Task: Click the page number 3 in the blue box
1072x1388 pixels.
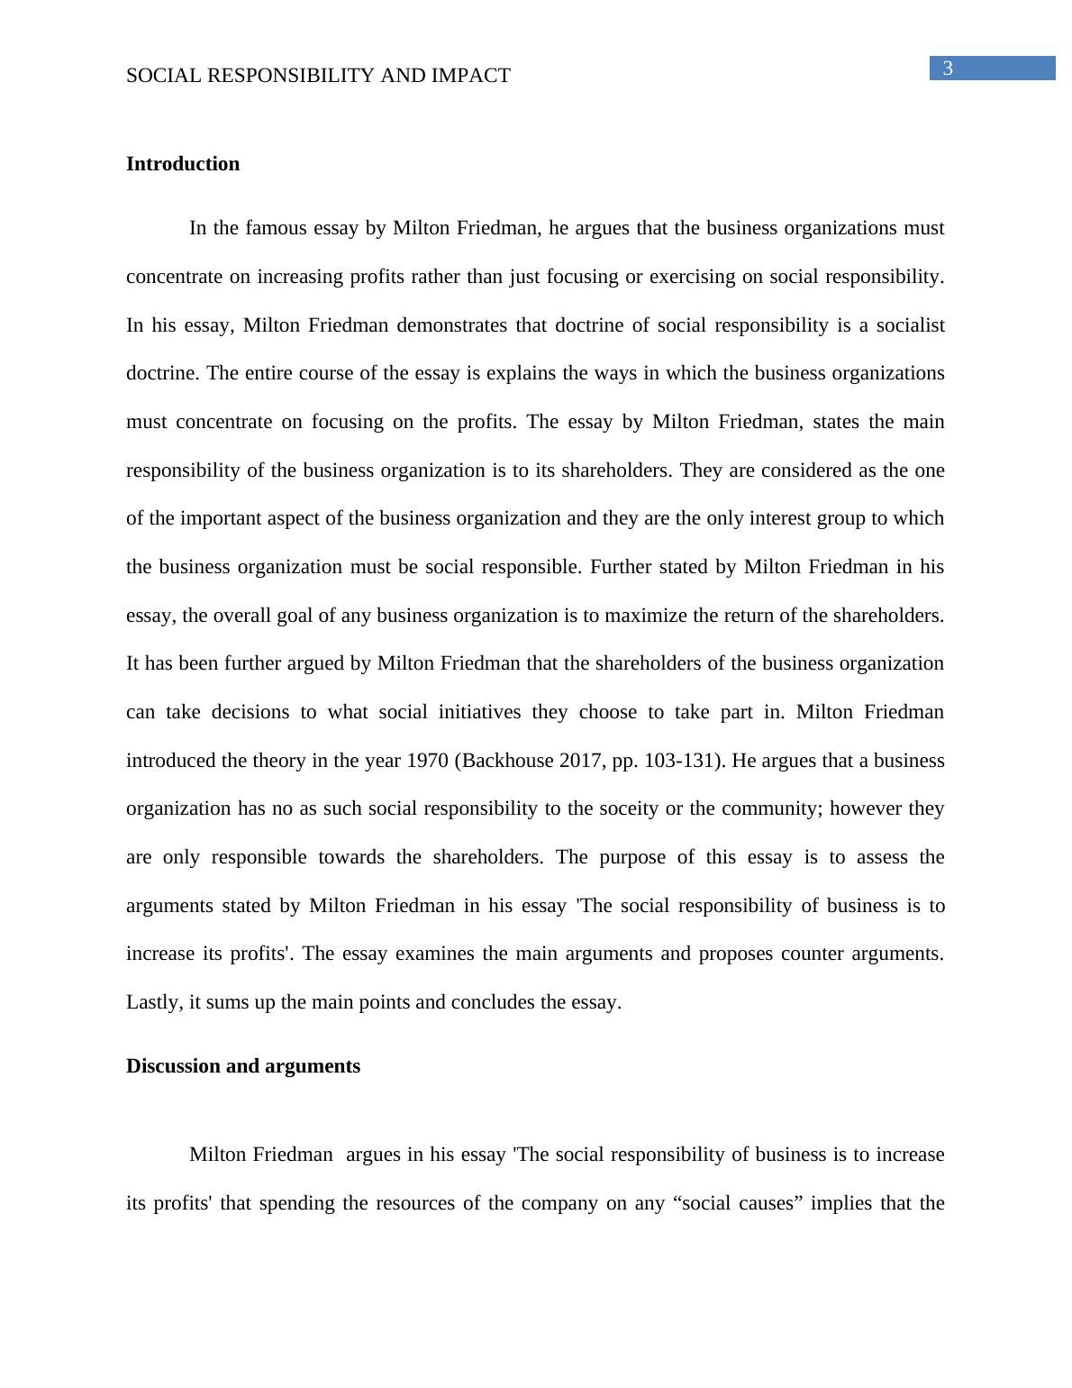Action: tap(947, 68)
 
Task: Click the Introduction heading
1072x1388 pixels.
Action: tap(183, 164)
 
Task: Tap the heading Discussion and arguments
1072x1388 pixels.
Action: tap(243, 1066)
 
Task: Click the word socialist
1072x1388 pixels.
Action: tap(912, 325)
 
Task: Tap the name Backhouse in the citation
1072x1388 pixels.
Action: tap(504, 761)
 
